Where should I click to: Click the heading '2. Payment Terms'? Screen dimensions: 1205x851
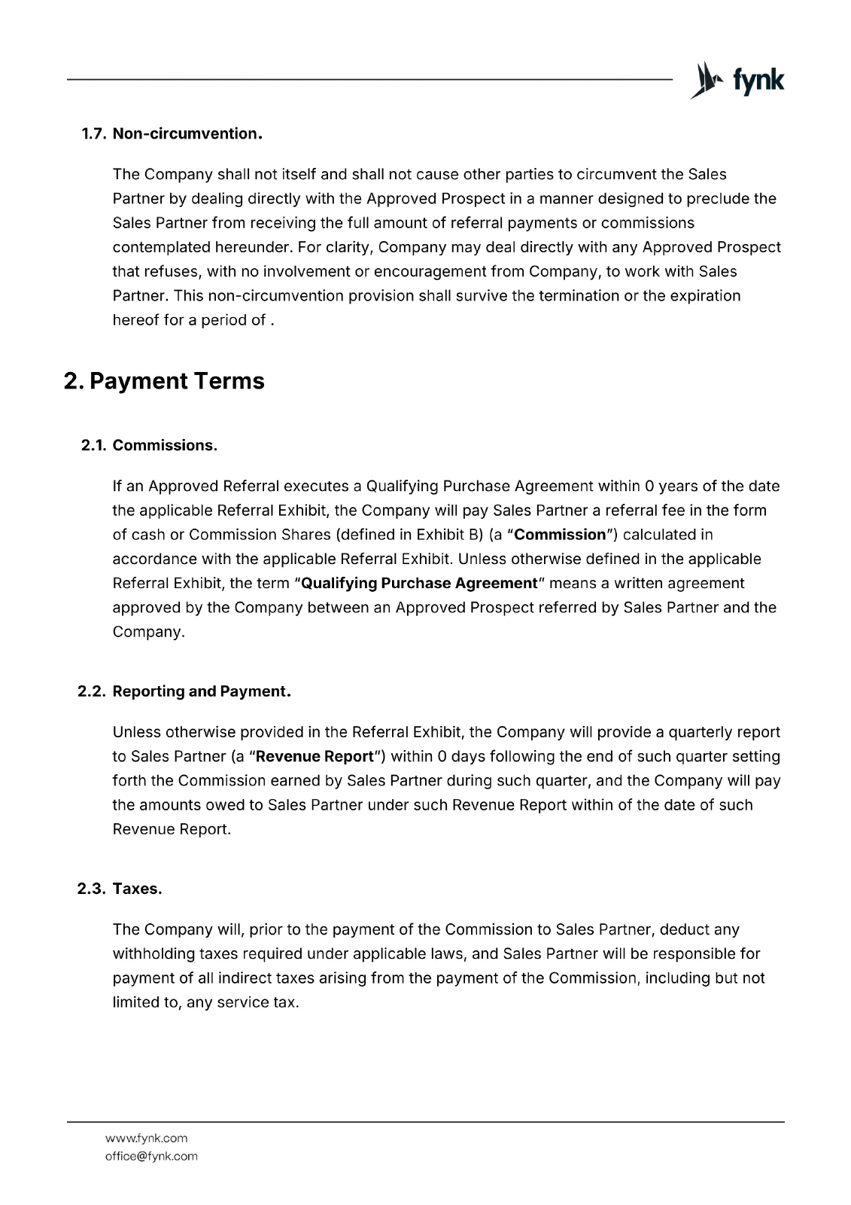(164, 381)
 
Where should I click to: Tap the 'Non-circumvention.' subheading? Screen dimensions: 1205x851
(187, 134)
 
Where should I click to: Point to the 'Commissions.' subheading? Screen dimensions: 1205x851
(165, 445)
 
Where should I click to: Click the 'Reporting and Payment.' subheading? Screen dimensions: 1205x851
(202, 691)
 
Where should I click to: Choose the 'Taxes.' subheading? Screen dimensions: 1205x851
(137, 889)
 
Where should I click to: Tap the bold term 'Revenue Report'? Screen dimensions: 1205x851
(315, 756)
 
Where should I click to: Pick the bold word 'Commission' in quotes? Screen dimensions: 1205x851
(559, 535)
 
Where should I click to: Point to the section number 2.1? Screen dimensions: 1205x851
(93, 445)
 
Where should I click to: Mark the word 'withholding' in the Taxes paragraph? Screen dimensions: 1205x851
(153, 953)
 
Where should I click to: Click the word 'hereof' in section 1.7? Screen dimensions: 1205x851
(135, 320)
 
